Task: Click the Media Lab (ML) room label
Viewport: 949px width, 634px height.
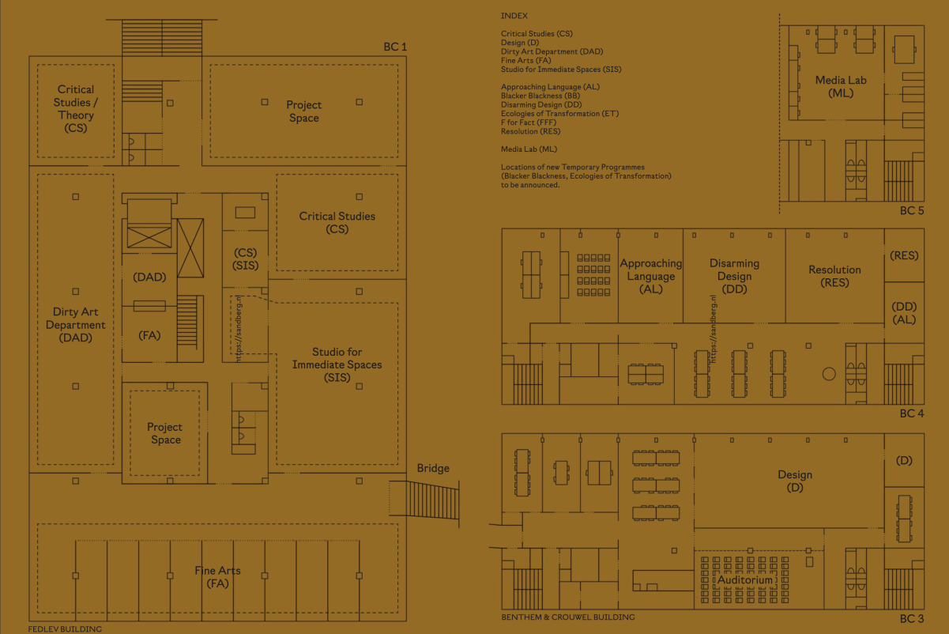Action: pyautogui.click(x=841, y=86)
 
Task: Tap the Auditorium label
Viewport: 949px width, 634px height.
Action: pyautogui.click(x=745, y=579)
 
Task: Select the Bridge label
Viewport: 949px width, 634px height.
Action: pyautogui.click(x=433, y=468)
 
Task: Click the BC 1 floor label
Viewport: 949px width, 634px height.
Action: pyautogui.click(x=395, y=47)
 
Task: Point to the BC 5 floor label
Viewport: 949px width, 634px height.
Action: pyautogui.click(x=912, y=210)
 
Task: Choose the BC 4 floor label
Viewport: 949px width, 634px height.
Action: pyautogui.click(x=912, y=413)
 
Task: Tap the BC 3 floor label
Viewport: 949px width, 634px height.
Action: pyautogui.click(x=912, y=619)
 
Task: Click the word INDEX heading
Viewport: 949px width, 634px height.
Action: pyautogui.click(x=514, y=16)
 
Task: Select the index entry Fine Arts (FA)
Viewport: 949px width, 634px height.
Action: pyautogui.click(x=525, y=60)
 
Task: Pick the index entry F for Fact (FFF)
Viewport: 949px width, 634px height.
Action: pyautogui.click(x=529, y=123)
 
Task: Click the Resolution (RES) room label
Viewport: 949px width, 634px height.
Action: pyautogui.click(x=834, y=276)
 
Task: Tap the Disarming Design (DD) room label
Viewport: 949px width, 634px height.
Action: pyautogui.click(x=734, y=276)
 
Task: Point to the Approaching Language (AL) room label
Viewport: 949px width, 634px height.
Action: pyautogui.click(x=651, y=276)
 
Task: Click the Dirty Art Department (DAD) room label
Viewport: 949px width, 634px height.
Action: pyautogui.click(x=75, y=325)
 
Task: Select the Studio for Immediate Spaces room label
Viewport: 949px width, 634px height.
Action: pyautogui.click(x=337, y=364)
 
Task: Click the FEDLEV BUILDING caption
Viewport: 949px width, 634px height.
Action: pyautogui.click(x=65, y=629)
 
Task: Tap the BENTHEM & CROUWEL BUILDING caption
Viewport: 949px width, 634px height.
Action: pyautogui.click(x=568, y=617)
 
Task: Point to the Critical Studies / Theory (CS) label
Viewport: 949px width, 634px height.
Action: pyautogui.click(x=75, y=108)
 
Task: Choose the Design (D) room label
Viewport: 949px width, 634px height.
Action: pyautogui.click(x=795, y=481)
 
